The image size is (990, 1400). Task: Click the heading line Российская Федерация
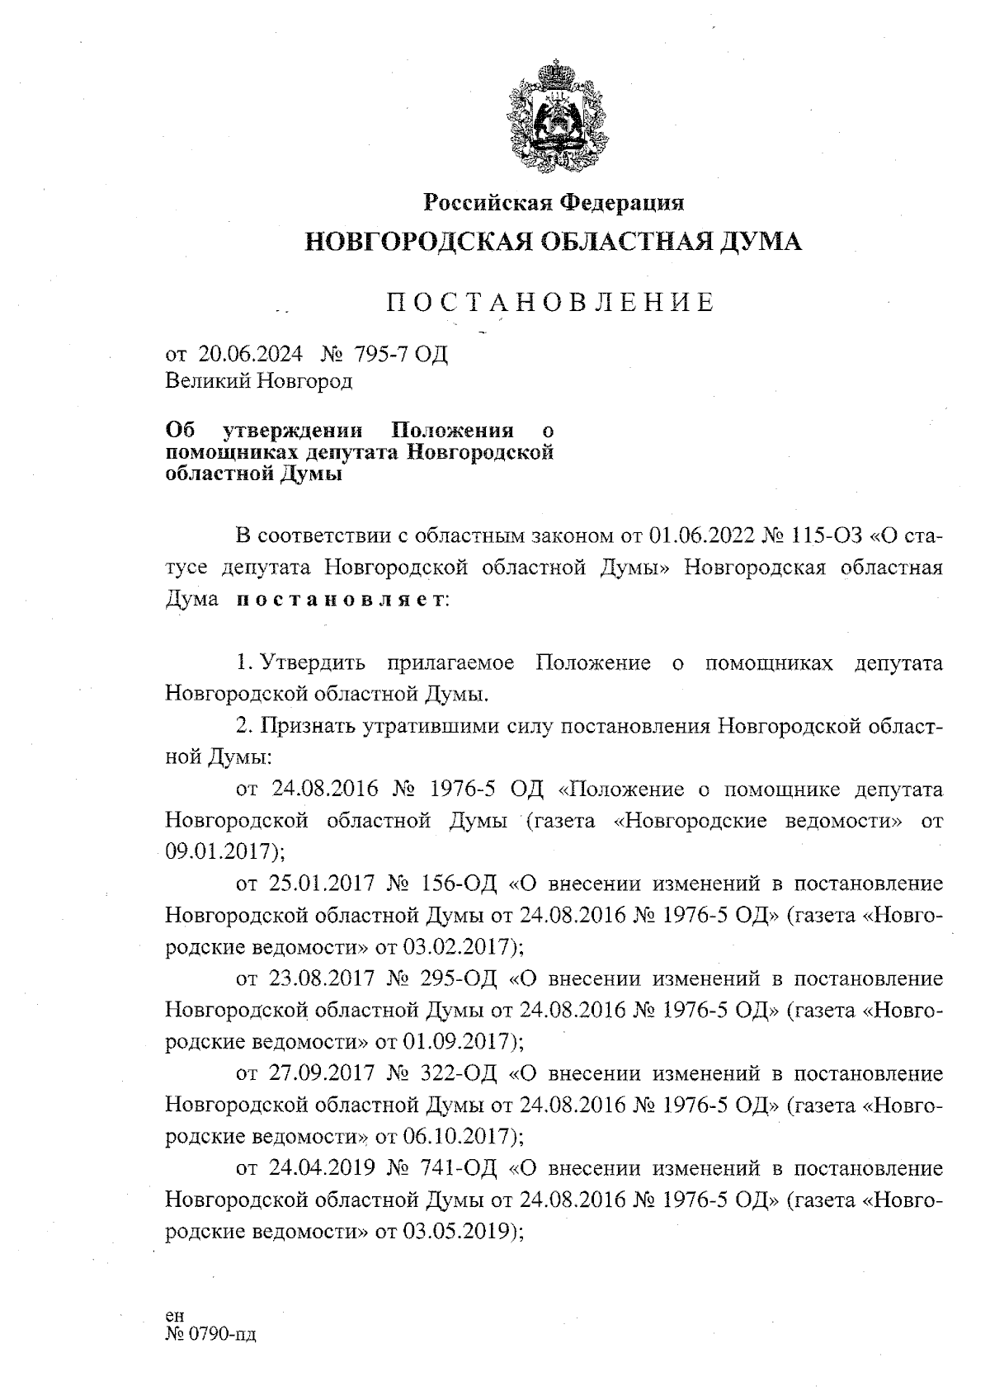[x=554, y=201]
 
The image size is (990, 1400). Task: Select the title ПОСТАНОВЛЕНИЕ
[x=551, y=303]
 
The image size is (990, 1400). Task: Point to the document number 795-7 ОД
[x=400, y=354]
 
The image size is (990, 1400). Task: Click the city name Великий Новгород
[x=259, y=381]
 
